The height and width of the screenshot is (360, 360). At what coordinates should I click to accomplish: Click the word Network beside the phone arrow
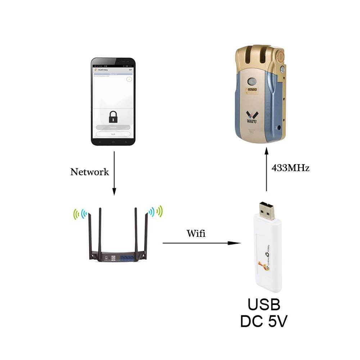click(x=90, y=172)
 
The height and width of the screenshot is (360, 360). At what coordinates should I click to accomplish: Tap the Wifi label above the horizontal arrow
click(x=196, y=234)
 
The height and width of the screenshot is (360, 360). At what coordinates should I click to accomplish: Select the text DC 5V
click(x=264, y=322)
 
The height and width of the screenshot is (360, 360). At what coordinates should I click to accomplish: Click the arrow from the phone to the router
click(x=114, y=173)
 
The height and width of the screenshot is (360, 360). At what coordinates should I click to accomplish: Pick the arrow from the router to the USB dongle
click(x=202, y=243)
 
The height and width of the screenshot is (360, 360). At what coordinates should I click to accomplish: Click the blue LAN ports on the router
click(x=127, y=257)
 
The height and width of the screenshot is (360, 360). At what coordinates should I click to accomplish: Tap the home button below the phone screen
click(x=113, y=142)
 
